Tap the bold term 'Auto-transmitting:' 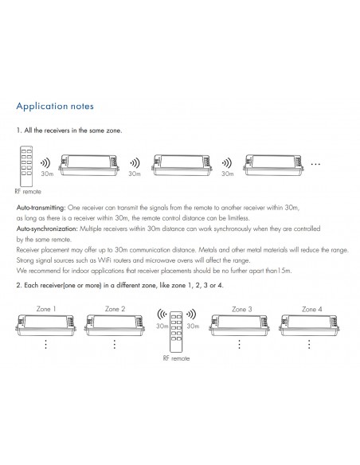41,207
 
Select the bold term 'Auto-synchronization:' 45,229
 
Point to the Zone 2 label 115,308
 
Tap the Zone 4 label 312,308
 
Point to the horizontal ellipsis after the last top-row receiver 315,163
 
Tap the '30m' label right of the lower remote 192,326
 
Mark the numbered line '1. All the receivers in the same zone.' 69,130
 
